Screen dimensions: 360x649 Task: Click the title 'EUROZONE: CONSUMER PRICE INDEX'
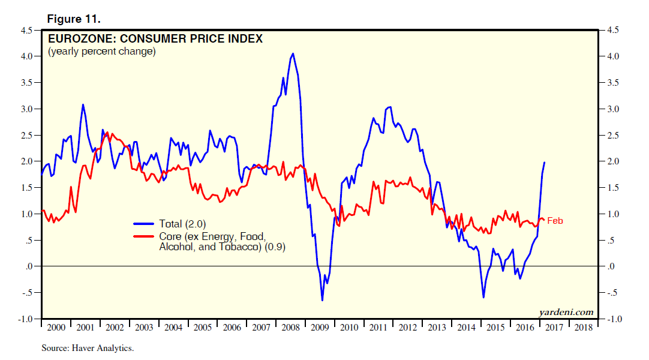[155, 40]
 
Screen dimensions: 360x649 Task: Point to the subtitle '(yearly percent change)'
[101, 52]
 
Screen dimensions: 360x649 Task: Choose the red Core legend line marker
[144, 236]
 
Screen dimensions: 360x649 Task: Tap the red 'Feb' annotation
[555, 221]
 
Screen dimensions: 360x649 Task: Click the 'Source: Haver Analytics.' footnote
[88, 348]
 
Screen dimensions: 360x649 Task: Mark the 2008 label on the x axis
[290, 328]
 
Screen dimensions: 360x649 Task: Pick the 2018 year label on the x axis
[582, 328]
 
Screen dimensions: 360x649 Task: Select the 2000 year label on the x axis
[56, 328]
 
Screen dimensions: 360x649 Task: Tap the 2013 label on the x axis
[437, 328]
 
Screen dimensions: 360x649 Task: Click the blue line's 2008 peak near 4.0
[293, 53]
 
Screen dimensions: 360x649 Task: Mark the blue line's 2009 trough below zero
[322, 300]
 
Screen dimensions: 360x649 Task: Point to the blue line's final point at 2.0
[545, 162]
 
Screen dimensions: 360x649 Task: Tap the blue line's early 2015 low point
[483, 297]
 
